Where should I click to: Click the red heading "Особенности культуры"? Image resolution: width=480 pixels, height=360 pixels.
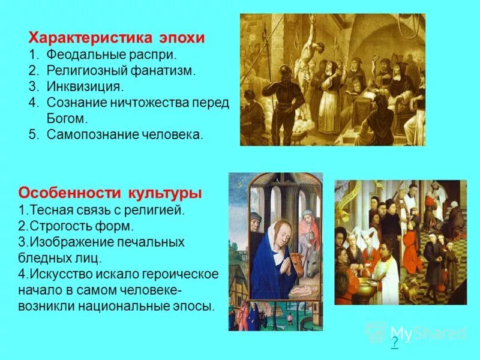pyautogui.click(x=110, y=194)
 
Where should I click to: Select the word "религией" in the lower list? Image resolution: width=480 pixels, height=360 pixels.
pyautogui.click(x=158, y=211)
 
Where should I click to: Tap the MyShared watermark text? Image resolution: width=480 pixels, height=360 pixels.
pyautogui.click(x=427, y=332)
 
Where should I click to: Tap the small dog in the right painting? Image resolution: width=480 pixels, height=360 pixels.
pyautogui.click(x=412, y=292)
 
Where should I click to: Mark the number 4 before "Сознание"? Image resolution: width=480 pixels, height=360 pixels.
pyautogui.click(x=33, y=103)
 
